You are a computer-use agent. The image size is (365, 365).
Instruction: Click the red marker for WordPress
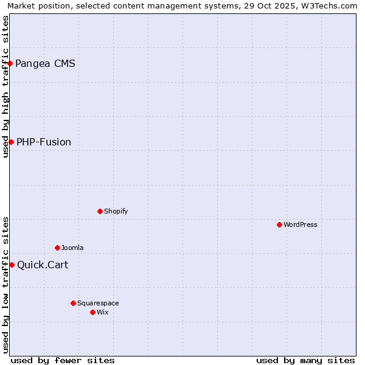(x=279, y=224)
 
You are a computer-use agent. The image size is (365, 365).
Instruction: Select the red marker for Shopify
(x=100, y=211)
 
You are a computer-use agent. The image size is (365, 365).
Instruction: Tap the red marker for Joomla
(x=57, y=248)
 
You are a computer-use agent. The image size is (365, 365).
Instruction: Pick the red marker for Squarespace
(x=73, y=303)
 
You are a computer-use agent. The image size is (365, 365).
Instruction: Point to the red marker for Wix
(x=92, y=312)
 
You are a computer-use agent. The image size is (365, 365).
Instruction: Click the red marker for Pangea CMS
(x=10, y=63)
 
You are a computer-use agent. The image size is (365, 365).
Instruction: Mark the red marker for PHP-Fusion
(x=11, y=142)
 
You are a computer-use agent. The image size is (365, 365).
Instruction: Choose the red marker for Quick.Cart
(x=12, y=265)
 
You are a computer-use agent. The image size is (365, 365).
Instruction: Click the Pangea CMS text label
(x=45, y=63)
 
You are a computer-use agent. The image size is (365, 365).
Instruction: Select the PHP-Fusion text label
(x=44, y=142)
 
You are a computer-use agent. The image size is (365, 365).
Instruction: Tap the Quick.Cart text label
(x=43, y=265)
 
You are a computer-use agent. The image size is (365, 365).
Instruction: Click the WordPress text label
(x=301, y=224)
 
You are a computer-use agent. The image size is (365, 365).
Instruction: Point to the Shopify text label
(x=116, y=211)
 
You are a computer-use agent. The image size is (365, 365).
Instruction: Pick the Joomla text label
(x=72, y=248)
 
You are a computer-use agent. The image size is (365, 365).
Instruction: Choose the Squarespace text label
(x=98, y=303)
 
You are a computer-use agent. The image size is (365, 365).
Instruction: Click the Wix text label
(x=102, y=312)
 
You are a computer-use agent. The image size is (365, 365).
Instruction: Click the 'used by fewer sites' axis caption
(x=63, y=360)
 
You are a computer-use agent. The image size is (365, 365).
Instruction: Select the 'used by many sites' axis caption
(x=305, y=360)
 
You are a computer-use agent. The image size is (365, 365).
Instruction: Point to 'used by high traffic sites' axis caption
(x=6, y=86)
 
